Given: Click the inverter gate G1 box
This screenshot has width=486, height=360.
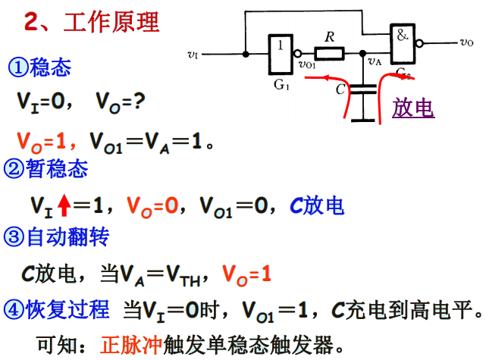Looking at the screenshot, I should (281, 54).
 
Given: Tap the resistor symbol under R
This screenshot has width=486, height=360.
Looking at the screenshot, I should (330, 54).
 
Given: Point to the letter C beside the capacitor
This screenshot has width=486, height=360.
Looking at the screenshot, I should (340, 89).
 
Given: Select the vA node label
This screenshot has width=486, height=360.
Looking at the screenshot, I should (374, 62).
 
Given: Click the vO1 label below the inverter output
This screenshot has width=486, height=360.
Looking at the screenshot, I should (308, 65).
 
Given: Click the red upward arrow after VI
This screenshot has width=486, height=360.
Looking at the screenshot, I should (64, 205).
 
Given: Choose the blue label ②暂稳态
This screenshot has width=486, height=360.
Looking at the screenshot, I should (46, 168).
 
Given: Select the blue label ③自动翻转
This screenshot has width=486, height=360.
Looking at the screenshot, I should (57, 239).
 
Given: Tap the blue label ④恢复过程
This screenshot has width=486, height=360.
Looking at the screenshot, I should (57, 310).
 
